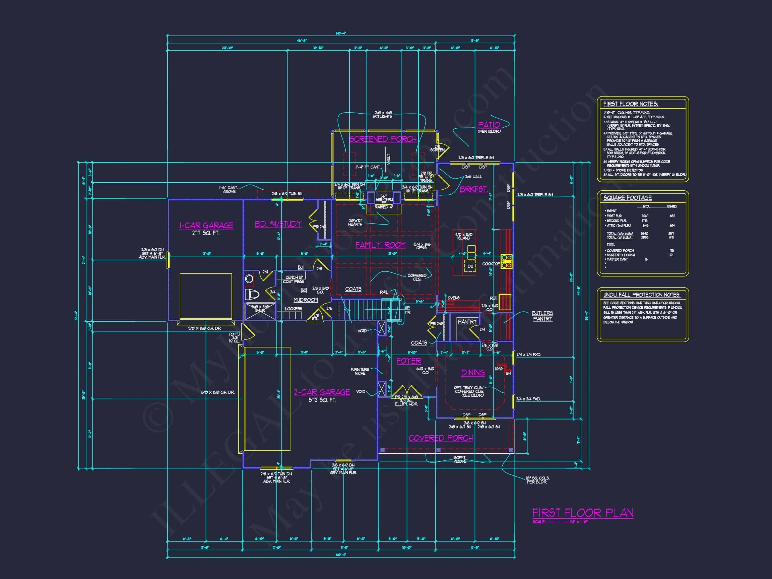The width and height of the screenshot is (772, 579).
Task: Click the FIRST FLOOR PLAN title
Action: click(x=582, y=513)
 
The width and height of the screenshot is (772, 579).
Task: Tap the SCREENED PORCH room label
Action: click(x=383, y=139)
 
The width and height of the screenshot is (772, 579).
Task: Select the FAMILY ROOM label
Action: click(x=380, y=245)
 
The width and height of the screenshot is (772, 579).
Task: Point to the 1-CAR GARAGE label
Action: click(x=206, y=226)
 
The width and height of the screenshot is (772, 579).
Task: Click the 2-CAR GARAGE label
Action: click(x=322, y=392)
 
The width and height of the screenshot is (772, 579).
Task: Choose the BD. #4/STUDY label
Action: click(x=278, y=224)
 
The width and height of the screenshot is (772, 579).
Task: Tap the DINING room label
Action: click(x=473, y=373)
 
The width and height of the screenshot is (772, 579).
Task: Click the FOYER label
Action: click(x=409, y=361)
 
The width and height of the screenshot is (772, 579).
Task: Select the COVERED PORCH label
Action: click(x=441, y=438)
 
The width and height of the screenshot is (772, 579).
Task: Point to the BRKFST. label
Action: click(x=473, y=190)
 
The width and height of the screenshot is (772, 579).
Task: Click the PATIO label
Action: click(x=489, y=125)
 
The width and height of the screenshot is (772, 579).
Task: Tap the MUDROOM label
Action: click(x=305, y=300)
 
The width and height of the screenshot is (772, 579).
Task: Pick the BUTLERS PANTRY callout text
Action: click(x=542, y=316)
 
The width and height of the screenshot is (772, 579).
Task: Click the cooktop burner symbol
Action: click(x=506, y=261)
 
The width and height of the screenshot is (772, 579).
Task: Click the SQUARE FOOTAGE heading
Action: click(x=628, y=198)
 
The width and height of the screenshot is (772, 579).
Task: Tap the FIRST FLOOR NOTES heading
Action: click(x=630, y=104)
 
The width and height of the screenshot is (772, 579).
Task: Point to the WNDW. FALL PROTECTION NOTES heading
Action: click(x=641, y=295)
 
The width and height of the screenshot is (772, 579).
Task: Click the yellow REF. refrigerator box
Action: click(x=505, y=302)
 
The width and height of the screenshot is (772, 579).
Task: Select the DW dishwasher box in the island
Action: click(x=470, y=266)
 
